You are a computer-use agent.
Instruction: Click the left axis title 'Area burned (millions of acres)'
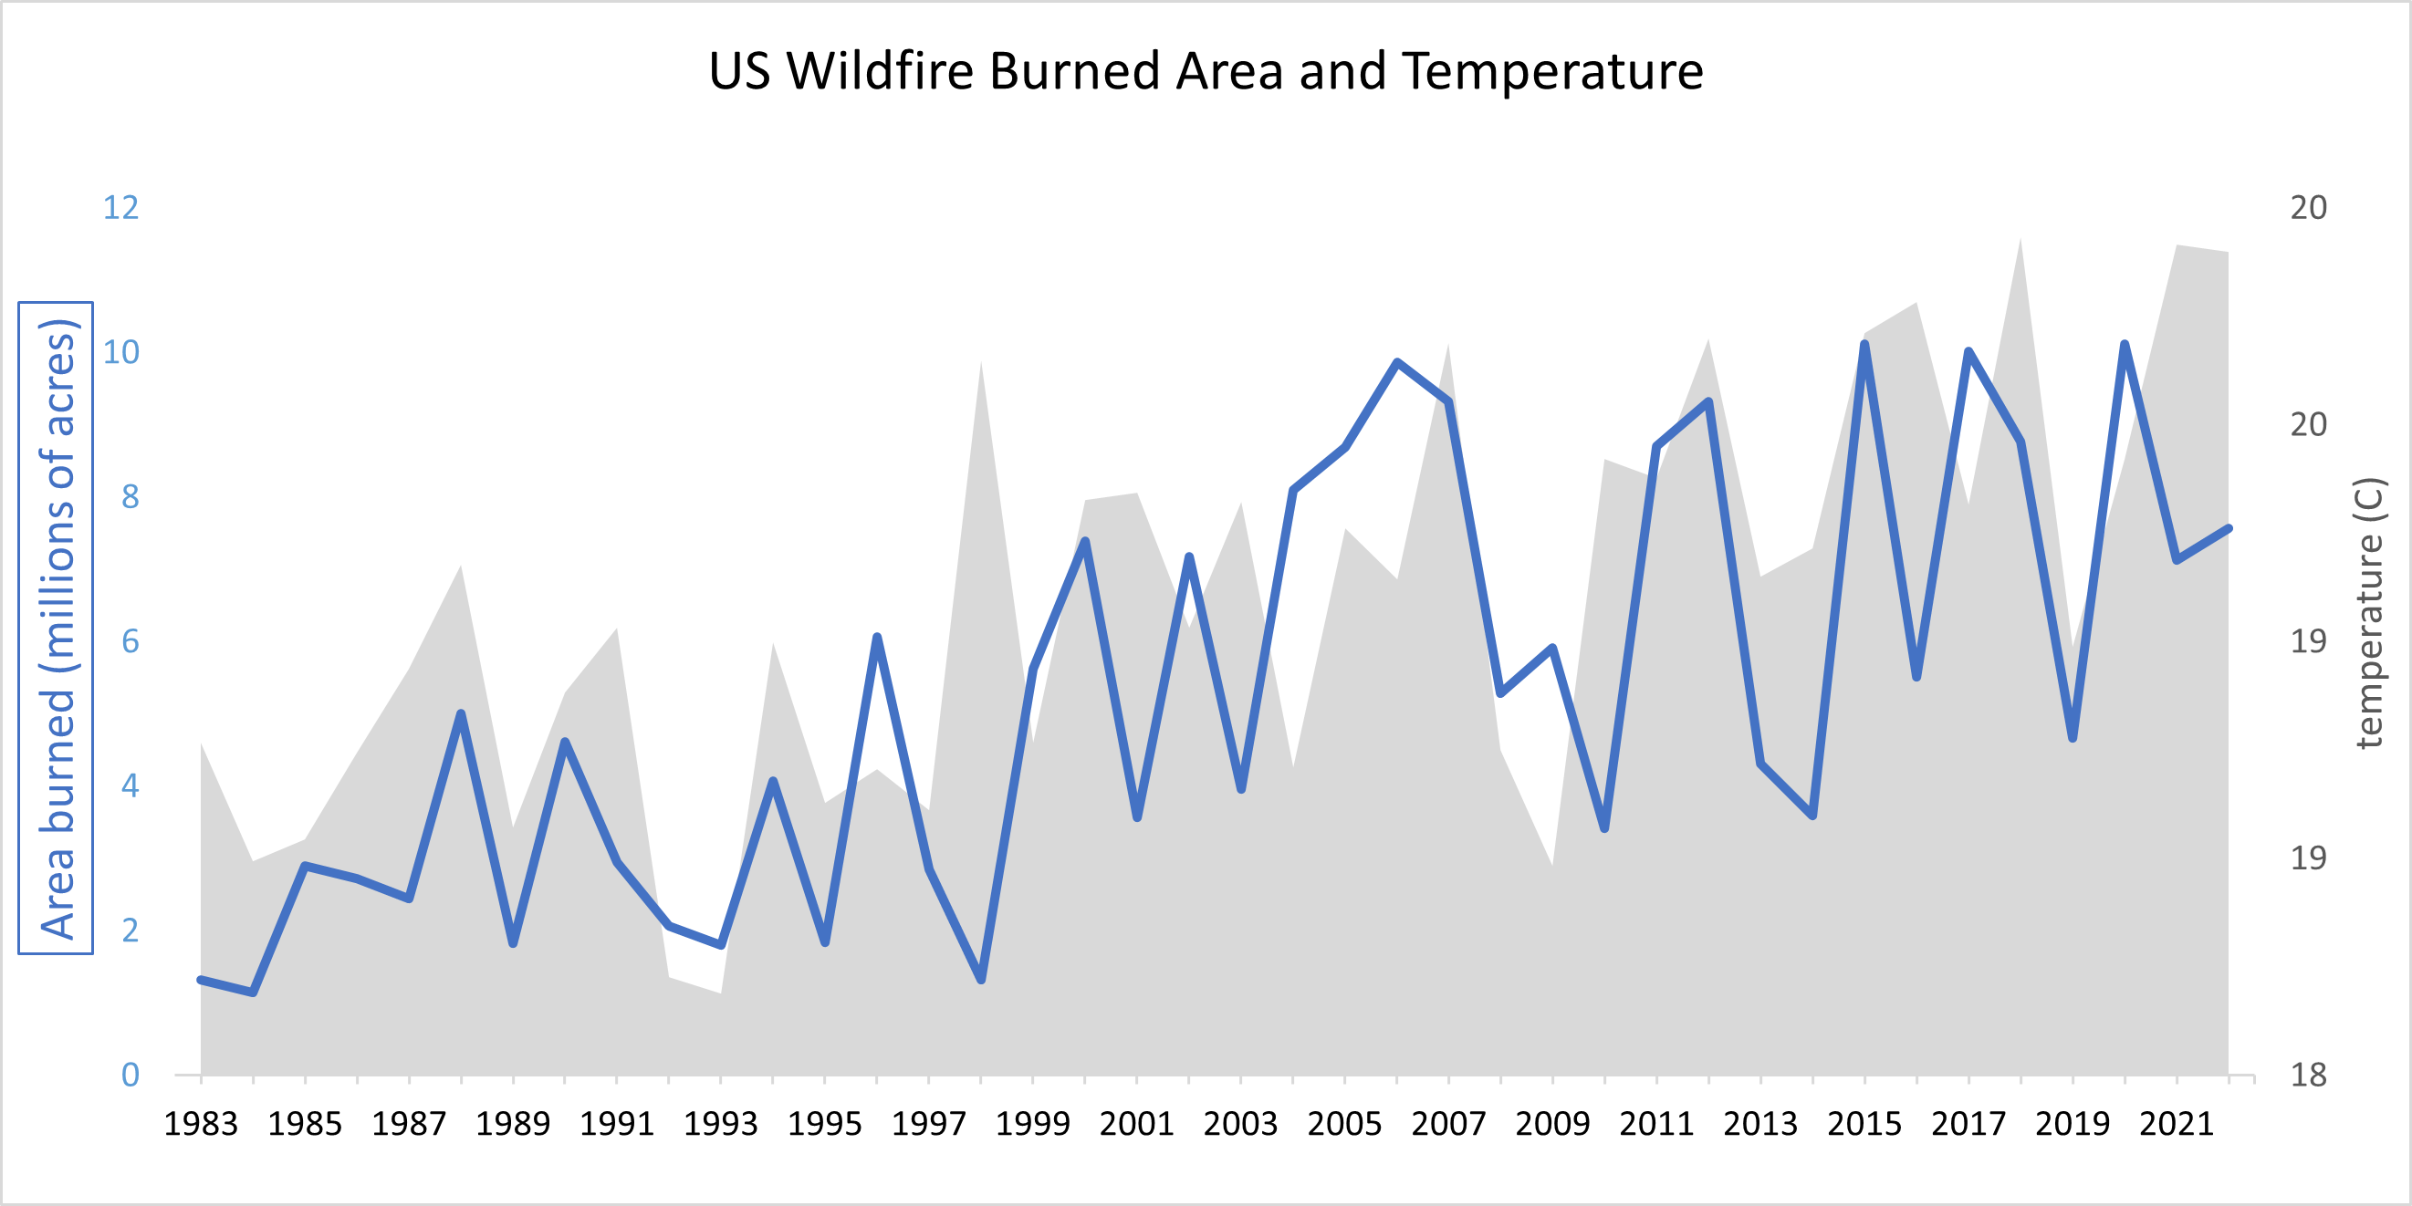[x=57, y=629]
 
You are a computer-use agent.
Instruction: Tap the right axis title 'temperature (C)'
[x=2369, y=613]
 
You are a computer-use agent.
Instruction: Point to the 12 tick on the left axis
[x=120, y=207]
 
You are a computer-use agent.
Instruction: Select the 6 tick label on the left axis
[x=131, y=641]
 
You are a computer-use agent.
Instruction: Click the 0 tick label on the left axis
[x=131, y=1075]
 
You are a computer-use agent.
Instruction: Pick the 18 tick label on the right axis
[x=2308, y=1075]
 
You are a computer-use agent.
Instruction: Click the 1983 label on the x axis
[x=202, y=1124]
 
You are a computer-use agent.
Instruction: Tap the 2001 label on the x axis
[x=1137, y=1124]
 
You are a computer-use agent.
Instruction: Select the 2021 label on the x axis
[x=2176, y=1124]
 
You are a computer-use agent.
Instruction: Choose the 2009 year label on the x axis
[x=1552, y=1124]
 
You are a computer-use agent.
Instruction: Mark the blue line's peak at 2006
[x=1397, y=362]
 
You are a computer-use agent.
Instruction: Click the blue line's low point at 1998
[x=981, y=980]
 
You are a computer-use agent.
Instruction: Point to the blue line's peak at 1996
[x=877, y=638]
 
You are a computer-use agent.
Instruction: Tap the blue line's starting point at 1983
[x=202, y=980]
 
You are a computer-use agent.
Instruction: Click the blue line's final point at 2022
[x=2229, y=529]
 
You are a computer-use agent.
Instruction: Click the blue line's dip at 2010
[x=1605, y=828]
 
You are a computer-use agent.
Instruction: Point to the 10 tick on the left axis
[x=120, y=352]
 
